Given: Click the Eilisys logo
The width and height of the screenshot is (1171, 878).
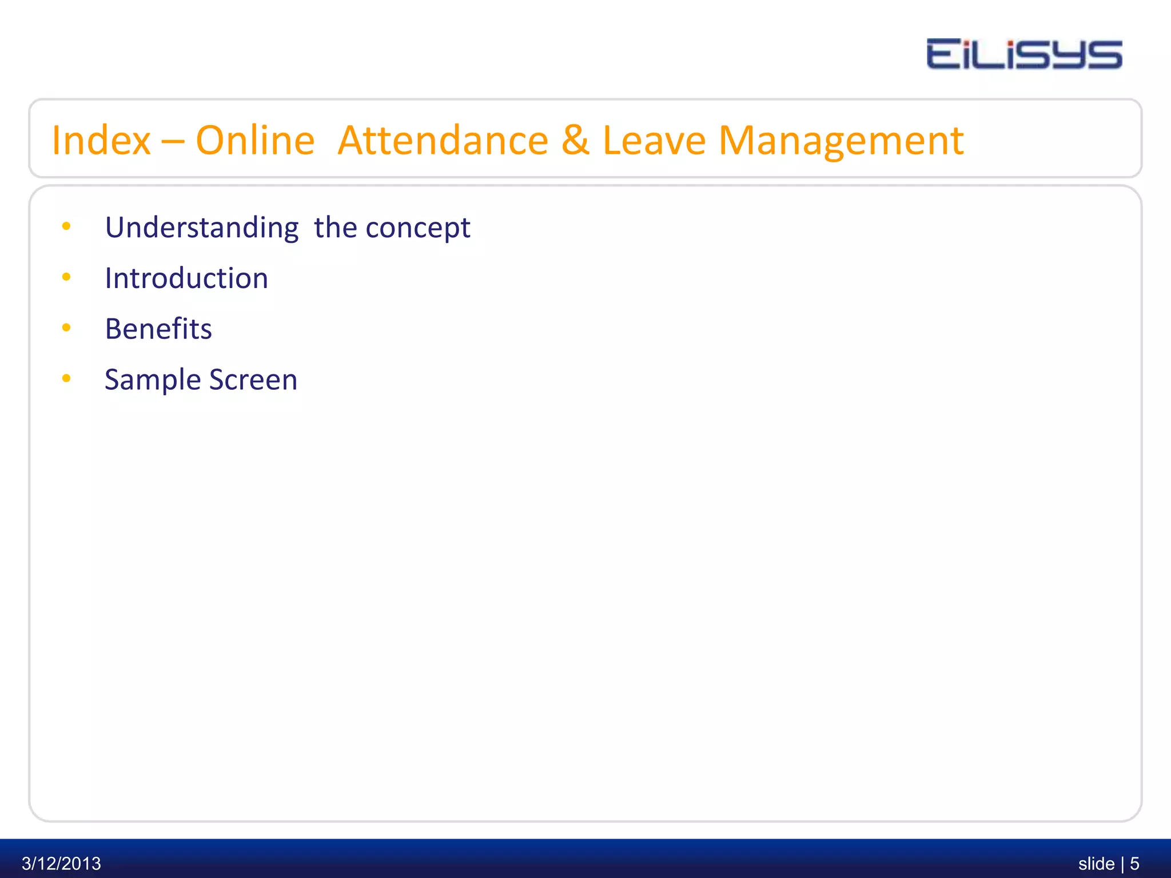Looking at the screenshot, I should tap(1024, 54).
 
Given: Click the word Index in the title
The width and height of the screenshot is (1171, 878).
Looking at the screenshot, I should tap(101, 140).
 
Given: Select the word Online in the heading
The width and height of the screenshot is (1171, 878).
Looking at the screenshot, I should tap(255, 140).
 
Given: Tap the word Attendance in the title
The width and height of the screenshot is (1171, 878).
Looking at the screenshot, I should tap(443, 140).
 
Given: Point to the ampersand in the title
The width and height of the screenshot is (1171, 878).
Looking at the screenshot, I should tap(575, 140).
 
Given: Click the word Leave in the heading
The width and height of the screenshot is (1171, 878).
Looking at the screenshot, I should tap(654, 140).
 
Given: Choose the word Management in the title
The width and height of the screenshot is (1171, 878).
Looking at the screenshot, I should tap(841, 141).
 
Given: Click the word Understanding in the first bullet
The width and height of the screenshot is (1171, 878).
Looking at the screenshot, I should tap(202, 228).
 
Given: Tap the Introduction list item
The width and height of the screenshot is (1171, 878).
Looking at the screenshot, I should tap(186, 278).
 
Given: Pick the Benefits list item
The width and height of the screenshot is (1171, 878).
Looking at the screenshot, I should tap(158, 329).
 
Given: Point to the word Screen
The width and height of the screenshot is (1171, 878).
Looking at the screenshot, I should tap(253, 380).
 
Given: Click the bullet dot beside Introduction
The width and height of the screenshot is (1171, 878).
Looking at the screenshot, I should tap(66, 277).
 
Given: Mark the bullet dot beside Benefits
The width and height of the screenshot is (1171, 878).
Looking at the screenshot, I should tap(66, 328).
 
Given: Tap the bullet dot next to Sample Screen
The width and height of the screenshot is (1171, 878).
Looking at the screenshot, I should tap(66, 378).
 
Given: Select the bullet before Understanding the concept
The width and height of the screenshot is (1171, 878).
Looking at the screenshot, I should tap(66, 226).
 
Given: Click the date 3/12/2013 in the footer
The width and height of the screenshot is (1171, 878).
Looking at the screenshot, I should tap(61, 863).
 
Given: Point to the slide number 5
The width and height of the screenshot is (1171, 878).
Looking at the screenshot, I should tap(1134, 863).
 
